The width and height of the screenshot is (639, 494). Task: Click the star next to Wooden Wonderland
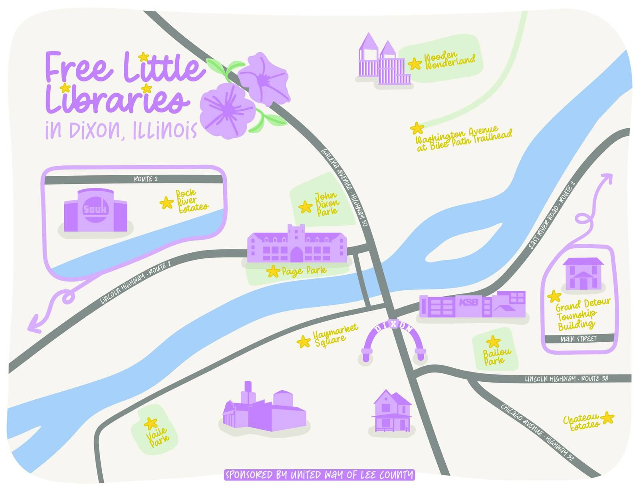pyautogui.click(x=415, y=63)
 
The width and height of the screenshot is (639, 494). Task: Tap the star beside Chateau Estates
pyautogui.click(x=607, y=418)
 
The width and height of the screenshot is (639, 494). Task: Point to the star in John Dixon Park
pyautogui.click(x=306, y=207)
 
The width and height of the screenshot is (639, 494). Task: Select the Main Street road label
pyautogui.click(x=578, y=339)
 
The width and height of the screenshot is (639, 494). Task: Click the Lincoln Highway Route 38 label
pyautogui.click(x=566, y=378)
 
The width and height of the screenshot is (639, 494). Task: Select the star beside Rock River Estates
pyautogui.click(x=166, y=203)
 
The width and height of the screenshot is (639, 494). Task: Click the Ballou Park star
pyautogui.click(x=493, y=342)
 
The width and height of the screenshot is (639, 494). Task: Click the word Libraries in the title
pyautogui.click(x=116, y=98)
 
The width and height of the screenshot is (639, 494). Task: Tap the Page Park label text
pyautogui.click(x=304, y=271)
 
